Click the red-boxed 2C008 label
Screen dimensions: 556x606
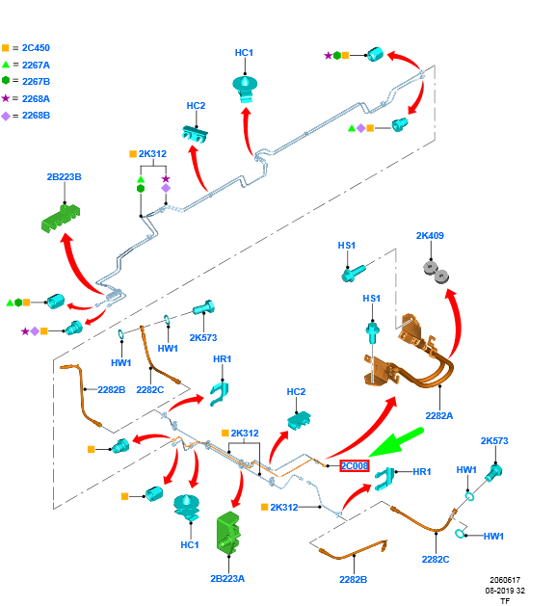(355, 465)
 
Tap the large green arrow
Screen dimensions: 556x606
(396, 442)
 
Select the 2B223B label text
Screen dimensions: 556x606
(65, 177)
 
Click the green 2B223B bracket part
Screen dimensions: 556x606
(61, 219)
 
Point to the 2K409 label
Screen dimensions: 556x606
(430, 236)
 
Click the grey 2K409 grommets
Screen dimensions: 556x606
(436, 272)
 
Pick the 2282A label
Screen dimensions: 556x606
(439, 416)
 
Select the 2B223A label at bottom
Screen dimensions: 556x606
(227, 579)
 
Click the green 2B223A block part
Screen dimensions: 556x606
(229, 533)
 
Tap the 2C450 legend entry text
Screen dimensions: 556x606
(36, 48)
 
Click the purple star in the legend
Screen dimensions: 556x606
(6, 98)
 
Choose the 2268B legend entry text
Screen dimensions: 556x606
(36, 116)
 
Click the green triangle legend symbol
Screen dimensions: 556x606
(6, 65)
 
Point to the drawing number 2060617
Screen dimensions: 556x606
(505, 580)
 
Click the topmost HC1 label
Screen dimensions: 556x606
(244, 53)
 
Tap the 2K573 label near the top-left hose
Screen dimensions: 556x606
(203, 338)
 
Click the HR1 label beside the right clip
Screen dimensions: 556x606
(422, 472)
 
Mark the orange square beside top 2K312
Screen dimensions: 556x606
(133, 154)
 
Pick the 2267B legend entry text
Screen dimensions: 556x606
(36, 82)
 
